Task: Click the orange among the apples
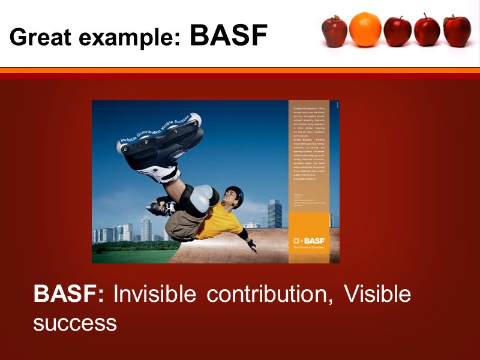click(x=365, y=29)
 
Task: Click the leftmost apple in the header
click(x=334, y=31)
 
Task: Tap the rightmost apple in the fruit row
click(x=457, y=31)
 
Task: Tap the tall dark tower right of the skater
click(x=274, y=214)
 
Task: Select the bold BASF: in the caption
click(x=69, y=295)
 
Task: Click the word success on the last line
click(x=74, y=323)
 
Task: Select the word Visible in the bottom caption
click(x=377, y=295)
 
